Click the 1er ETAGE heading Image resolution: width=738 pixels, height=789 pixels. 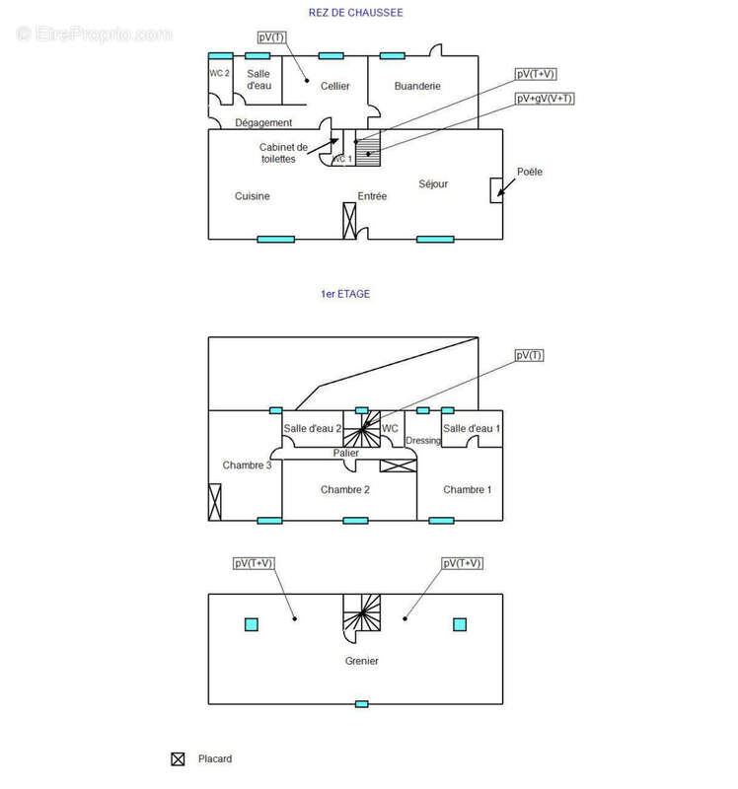tap(345, 294)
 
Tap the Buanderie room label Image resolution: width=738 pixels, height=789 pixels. tap(417, 87)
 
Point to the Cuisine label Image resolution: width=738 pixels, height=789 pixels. tap(253, 196)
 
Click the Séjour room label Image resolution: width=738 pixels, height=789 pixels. tap(433, 183)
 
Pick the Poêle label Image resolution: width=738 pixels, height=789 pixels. tap(530, 172)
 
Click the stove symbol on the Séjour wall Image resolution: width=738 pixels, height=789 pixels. tap(495, 190)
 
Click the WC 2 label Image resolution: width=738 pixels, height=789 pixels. tap(219, 74)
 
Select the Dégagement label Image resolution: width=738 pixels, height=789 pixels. tap(263, 123)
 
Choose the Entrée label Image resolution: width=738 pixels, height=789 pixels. tap(372, 196)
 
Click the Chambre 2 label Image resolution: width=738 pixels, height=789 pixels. tap(345, 490)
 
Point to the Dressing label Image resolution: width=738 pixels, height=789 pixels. tap(423, 440)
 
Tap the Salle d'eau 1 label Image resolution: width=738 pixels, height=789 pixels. tap(472, 428)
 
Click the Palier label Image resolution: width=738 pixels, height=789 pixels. tap(345, 454)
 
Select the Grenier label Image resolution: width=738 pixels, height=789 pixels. tap(361, 661)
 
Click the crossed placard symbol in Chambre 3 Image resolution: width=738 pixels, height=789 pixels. tap(215, 501)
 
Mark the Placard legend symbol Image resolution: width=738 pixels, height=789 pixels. tap(179, 759)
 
